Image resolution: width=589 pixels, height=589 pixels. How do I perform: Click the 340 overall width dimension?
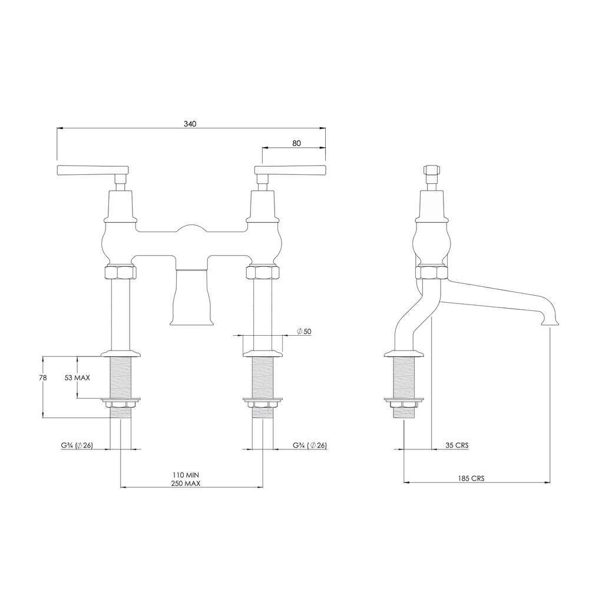(x=190, y=124)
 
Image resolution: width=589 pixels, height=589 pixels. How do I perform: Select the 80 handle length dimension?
(x=296, y=143)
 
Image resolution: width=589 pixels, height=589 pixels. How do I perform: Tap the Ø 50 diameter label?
(x=304, y=331)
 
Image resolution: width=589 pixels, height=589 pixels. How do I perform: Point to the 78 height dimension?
(x=43, y=378)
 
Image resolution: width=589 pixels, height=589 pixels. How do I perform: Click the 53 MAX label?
(x=77, y=378)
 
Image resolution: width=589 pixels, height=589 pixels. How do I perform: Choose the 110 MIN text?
(x=186, y=475)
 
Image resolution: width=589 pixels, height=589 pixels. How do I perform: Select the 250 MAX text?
(x=186, y=484)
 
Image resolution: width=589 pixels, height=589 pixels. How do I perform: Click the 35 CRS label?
(x=457, y=445)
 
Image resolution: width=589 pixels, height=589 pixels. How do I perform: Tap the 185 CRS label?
(x=471, y=478)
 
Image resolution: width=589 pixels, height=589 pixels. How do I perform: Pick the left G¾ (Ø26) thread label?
(x=77, y=445)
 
